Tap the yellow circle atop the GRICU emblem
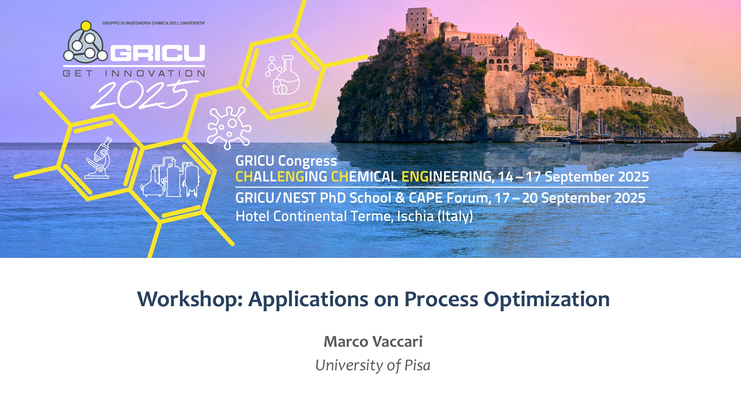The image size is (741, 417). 86,26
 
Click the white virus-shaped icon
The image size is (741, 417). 229,127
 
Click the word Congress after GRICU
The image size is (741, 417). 308,161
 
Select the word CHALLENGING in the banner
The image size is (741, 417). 281,177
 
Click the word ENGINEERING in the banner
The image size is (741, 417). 448,177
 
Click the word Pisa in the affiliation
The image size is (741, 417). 417,365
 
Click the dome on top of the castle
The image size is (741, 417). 518,31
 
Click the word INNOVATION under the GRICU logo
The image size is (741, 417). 155,73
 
